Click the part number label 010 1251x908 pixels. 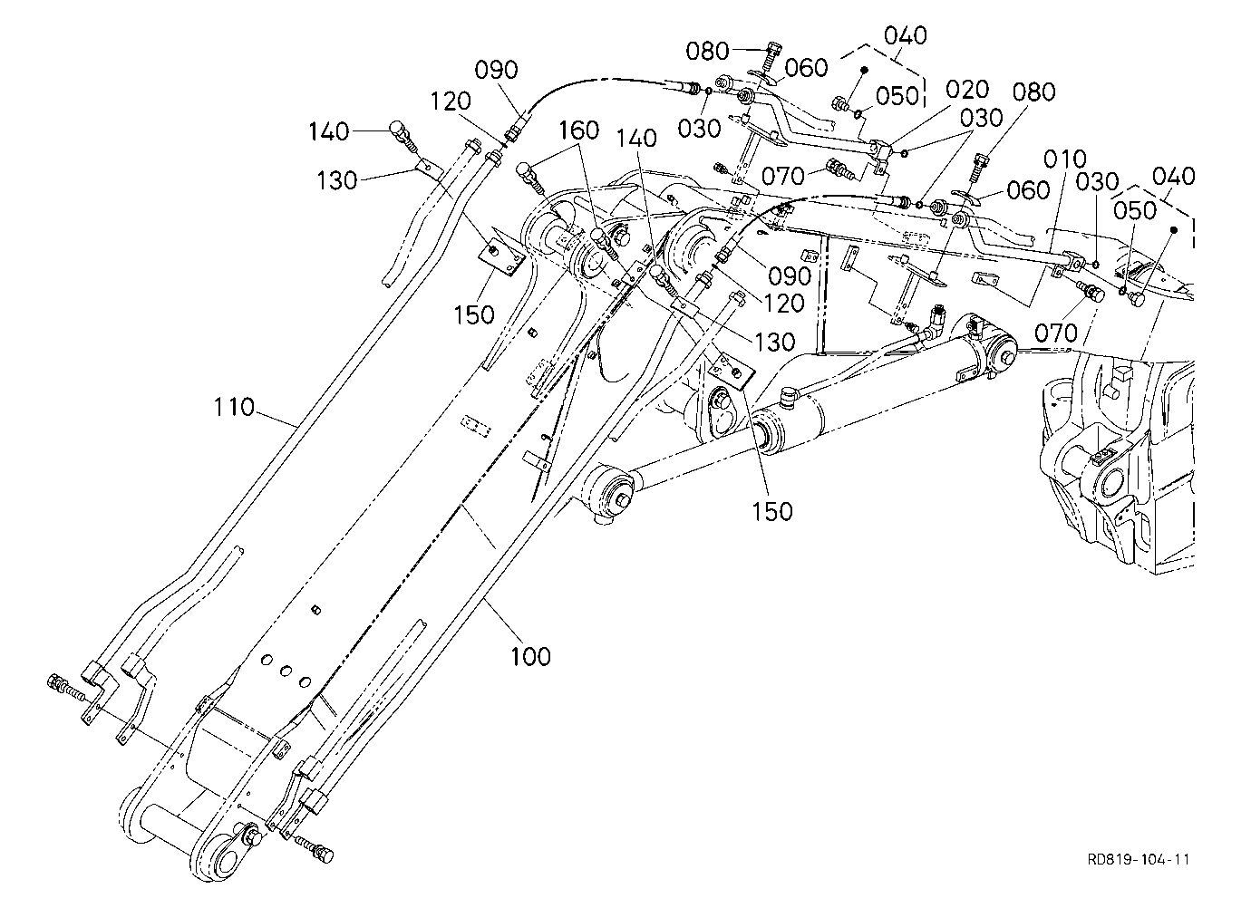tap(1065, 159)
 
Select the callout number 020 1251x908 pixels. tap(967, 90)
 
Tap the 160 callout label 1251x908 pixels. tap(579, 130)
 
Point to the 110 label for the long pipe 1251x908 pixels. tap(234, 407)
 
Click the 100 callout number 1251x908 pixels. tap(530, 656)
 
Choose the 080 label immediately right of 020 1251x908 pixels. tap(1033, 92)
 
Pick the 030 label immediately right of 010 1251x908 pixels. tap(1098, 182)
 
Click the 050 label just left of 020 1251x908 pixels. tap(897, 96)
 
